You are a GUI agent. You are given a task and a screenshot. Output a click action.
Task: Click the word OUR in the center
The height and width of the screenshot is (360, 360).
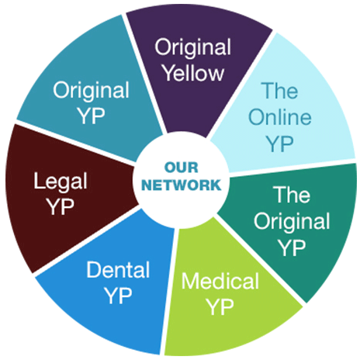[x=181, y=168]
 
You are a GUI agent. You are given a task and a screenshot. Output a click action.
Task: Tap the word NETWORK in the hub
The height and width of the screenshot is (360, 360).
[x=182, y=185]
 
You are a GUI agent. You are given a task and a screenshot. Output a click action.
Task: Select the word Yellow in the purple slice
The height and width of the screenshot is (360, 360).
[x=194, y=73]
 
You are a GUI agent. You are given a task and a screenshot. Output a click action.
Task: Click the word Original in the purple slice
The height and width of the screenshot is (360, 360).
[x=193, y=47]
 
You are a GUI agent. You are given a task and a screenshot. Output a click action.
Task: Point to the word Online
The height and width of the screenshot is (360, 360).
[x=280, y=117]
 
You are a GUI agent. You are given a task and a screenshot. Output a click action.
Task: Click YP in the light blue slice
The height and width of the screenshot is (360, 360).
[x=280, y=144]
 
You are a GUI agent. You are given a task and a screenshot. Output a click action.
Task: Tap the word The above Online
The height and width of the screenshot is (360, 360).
[x=280, y=91]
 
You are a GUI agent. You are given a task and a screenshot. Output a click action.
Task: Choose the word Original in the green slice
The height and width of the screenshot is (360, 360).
[x=292, y=221]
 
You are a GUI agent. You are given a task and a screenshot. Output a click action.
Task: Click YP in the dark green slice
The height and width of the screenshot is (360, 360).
[x=292, y=247]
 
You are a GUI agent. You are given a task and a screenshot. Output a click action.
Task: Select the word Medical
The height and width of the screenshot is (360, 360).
[x=220, y=281]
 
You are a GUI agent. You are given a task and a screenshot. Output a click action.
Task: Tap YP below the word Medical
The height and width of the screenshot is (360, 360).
[x=220, y=307]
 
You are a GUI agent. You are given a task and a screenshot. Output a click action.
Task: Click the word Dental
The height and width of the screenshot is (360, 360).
[x=118, y=269]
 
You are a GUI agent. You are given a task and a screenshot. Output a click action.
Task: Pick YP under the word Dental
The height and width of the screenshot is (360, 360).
[x=119, y=296]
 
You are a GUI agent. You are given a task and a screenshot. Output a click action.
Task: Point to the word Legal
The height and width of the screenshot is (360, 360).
[x=61, y=182]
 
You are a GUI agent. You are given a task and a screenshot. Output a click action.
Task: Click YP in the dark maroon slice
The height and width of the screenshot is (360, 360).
[x=61, y=206]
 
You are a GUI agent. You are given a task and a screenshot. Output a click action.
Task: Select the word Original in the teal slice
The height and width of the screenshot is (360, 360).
[x=91, y=91]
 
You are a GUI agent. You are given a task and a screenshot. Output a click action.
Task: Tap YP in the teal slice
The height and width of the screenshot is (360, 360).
[x=92, y=116]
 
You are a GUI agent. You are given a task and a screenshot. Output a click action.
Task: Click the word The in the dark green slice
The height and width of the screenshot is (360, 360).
[x=292, y=195]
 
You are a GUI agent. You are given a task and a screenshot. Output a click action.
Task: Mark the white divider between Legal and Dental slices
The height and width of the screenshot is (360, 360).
[x=87, y=241]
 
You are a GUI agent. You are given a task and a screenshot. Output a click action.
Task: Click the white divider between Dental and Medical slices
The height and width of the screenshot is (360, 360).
[x=169, y=292]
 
